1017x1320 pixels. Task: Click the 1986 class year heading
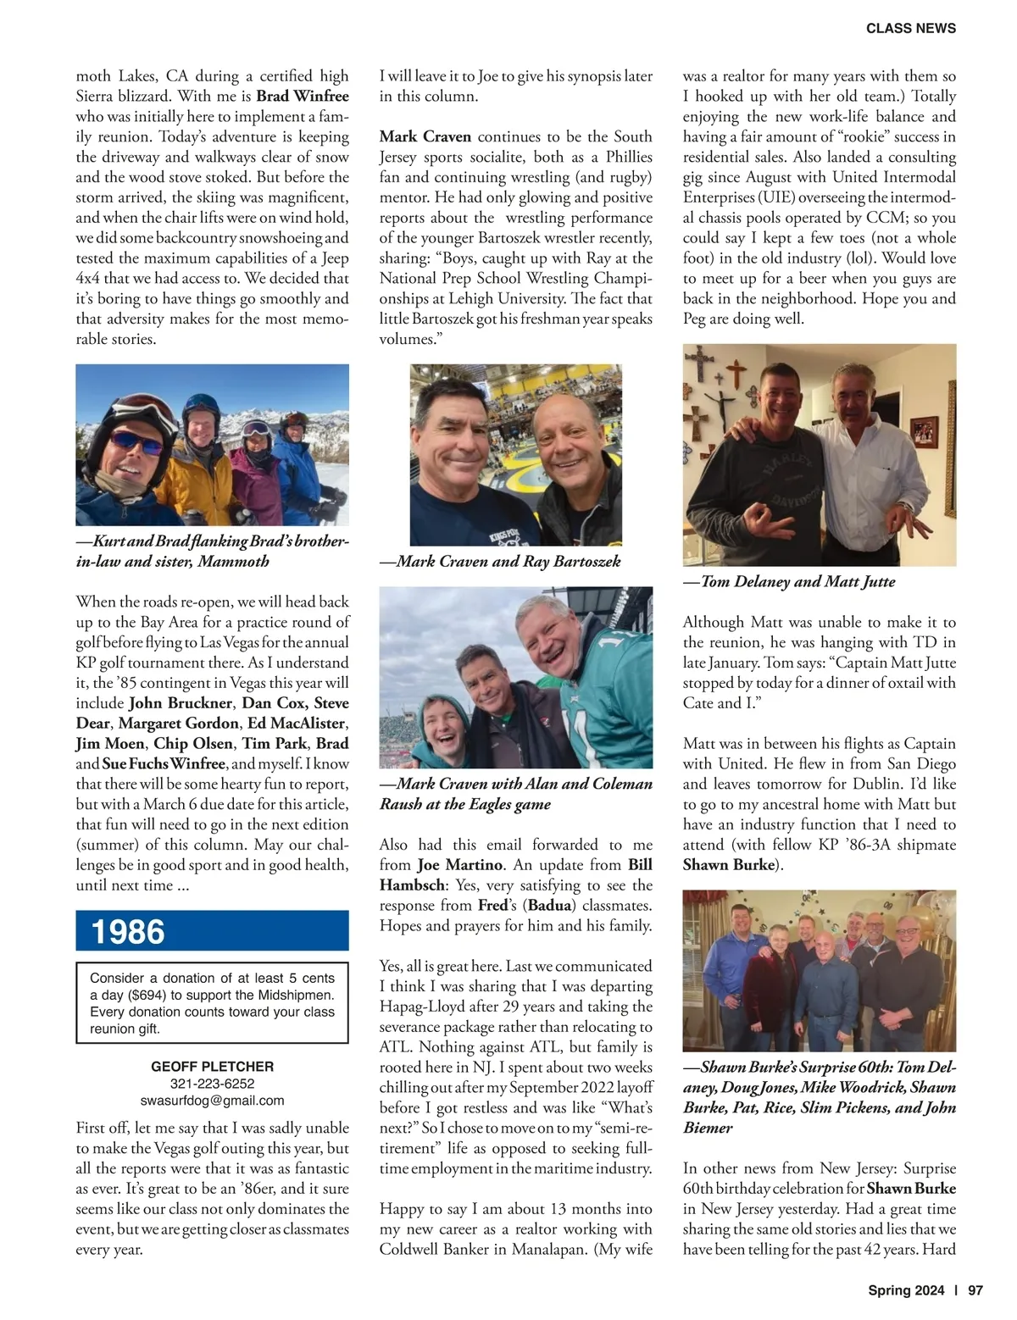[x=128, y=931]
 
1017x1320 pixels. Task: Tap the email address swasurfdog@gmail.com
[x=212, y=1101]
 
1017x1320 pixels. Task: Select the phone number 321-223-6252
[x=212, y=1084]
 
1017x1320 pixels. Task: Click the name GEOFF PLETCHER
[x=212, y=1067]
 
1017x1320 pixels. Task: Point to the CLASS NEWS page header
[x=910, y=29]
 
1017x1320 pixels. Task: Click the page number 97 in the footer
[x=975, y=1291]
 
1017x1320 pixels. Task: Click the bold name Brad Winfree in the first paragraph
[x=303, y=97]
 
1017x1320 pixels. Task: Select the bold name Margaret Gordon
[x=178, y=724]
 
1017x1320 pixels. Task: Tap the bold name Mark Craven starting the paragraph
[x=425, y=137]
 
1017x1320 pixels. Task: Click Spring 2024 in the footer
[x=905, y=1291]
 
